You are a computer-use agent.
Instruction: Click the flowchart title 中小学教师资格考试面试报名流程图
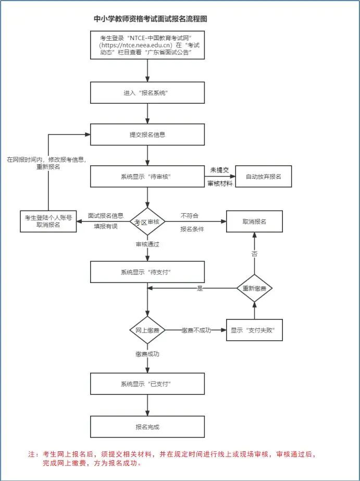click(150, 19)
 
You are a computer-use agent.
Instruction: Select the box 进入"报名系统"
click(147, 93)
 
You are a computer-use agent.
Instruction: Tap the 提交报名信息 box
click(147, 134)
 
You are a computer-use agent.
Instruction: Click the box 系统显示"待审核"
click(147, 176)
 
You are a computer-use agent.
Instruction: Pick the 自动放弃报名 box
click(264, 176)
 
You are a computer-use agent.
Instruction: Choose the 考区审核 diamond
click(147, 222)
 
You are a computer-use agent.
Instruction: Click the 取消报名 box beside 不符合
click(254, 221)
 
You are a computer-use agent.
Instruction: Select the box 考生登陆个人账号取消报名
click(48, 221)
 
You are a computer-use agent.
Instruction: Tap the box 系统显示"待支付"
click(147, 272)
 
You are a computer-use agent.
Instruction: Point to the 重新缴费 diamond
click(255, 288)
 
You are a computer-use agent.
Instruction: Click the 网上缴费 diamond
click(147, 330)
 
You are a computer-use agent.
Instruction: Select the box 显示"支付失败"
click(254, 330)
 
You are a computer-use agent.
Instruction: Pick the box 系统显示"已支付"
click(147, 384)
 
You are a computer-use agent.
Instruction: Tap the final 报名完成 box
click(147, 427)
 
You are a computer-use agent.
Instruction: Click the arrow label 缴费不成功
click(196, 330)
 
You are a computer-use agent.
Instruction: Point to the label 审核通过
click(147, 244)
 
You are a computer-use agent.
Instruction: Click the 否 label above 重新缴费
click(255, 254)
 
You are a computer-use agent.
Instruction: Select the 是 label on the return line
click(200, 288)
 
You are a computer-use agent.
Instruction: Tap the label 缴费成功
click(147, 354)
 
